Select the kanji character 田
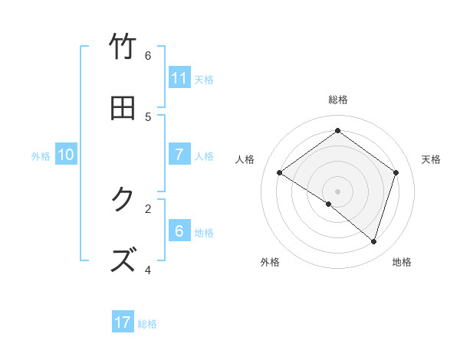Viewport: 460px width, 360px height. coord(123,109)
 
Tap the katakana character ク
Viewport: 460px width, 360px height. coord(123,200)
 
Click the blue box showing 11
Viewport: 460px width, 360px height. coord(179,77)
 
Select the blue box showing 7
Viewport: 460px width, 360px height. coord(179,155)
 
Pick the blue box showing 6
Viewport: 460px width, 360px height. coord(179,231)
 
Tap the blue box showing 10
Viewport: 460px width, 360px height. coord(66,155)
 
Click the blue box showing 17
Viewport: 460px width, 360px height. coord(123,322)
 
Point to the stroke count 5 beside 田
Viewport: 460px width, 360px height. coord(148,117)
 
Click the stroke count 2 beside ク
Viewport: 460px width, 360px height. coord(148,208)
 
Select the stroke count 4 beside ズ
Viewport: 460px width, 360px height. coord(148,270)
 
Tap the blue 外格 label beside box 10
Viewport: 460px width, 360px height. coord(41,156)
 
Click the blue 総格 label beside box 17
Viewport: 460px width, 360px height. coord(147,324)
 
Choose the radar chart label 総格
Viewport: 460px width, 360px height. coord(338,100)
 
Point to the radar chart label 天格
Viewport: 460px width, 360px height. coord(431,159)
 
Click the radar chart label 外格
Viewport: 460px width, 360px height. coord(270,262)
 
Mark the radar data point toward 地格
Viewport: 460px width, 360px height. coord(373,241)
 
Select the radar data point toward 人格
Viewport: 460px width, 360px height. coord(280,173)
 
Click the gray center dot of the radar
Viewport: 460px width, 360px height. coord(337,191)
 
